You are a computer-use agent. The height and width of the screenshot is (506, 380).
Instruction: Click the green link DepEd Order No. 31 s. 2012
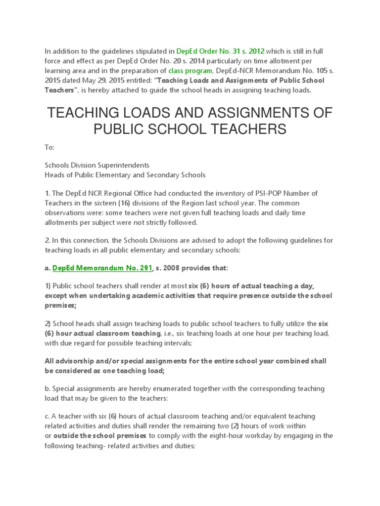220,51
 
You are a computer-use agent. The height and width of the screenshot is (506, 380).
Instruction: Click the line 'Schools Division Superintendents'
97,165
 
